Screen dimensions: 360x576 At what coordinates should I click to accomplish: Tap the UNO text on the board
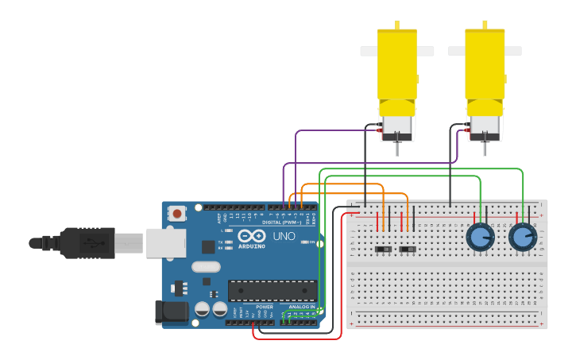[284, 237]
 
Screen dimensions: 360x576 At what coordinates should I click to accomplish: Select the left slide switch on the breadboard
[384, 250]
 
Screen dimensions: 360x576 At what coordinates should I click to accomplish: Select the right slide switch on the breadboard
[408, 250]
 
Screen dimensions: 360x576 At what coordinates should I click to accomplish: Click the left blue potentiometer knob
[479, 237]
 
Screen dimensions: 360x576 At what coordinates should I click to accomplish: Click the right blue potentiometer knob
[522, 237]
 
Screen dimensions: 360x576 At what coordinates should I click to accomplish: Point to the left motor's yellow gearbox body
[397, 68]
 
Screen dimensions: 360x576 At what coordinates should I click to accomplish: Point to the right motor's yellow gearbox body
[485, 68]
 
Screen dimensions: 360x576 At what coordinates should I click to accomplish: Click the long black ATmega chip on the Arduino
[273, 291]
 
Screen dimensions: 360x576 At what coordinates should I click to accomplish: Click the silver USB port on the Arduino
[165, 242]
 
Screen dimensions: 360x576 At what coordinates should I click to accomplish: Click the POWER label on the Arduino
[265, 307]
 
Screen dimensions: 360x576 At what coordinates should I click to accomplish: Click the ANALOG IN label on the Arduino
[301, 307]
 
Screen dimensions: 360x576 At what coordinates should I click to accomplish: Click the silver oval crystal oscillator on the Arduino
[205, 267]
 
